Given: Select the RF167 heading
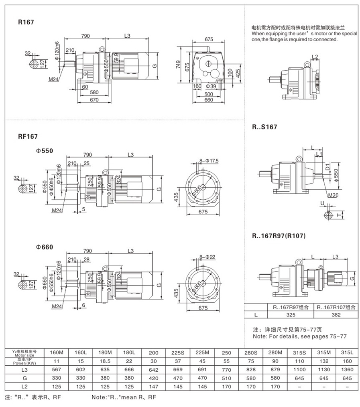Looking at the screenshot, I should coord(28,136).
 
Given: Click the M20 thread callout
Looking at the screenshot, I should coord(333,196).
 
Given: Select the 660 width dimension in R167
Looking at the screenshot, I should coord(208,100).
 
